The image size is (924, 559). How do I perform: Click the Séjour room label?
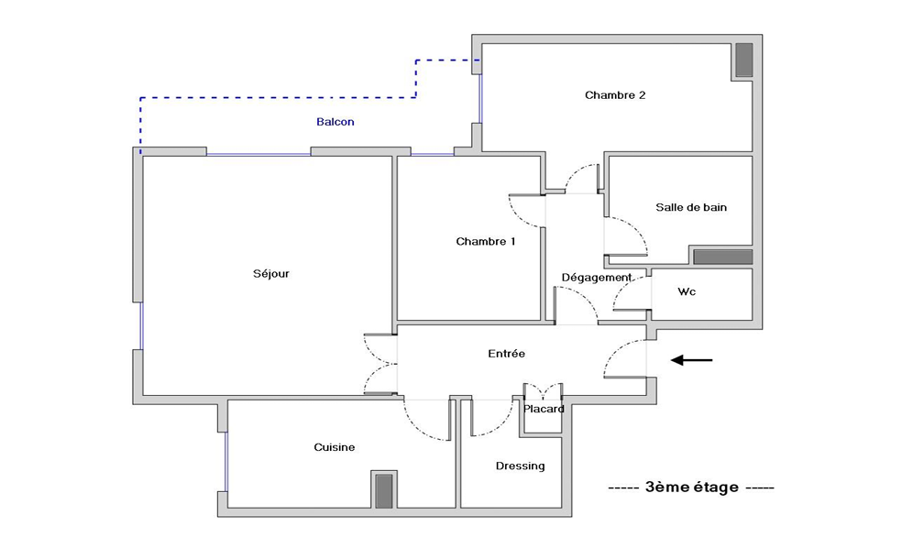pos(271,274)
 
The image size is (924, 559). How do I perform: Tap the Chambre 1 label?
pos(486,242)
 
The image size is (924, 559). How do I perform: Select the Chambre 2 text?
pos(615,95)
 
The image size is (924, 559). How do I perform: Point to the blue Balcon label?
pos(335,122)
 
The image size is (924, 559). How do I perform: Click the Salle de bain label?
pos(691,207)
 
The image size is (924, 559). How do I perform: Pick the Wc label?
pos(687,291)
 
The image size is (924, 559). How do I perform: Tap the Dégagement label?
pos(597,278)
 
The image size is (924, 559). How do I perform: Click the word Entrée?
pos(506,354)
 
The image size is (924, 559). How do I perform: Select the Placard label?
pos(544,409)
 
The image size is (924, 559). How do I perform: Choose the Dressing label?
pos(521,466)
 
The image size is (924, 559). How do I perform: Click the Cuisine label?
pos(334,448)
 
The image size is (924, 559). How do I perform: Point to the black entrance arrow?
pos(692,360)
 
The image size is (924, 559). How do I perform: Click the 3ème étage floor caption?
pos(691,488)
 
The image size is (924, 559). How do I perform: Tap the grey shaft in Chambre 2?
pos(743,60)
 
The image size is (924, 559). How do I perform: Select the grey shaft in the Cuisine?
pos(384,490)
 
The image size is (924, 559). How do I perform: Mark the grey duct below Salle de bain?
pos(722,257)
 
